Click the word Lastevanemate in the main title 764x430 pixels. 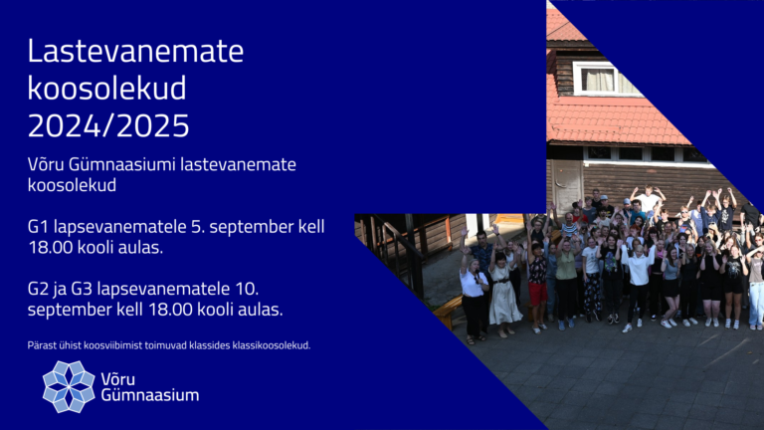[x=135, y=51]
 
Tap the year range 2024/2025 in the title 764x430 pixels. [x=108, y=125]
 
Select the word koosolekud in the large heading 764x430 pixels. [x=106, y=89]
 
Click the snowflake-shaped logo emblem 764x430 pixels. [x=69, y=386]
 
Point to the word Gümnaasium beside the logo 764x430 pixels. [x=150, y=395]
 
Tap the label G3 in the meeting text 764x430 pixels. [x=82, y=289]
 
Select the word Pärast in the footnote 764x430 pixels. [x=40, y=345]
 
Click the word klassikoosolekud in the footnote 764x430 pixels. [x=272, y=345]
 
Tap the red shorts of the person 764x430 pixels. [x=538, y=294]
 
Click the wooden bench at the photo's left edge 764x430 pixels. [x=448, y=311]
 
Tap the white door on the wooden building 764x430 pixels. [x=567, y=184]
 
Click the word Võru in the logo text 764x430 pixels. [x=118, y=378]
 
